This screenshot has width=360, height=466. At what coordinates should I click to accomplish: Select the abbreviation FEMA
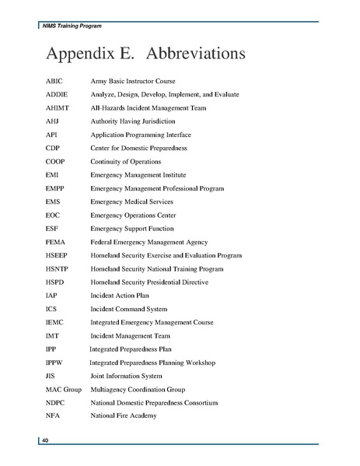click(56, 242)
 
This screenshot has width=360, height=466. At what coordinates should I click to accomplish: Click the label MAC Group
click(63, 389)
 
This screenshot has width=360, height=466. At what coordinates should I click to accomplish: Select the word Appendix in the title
click(79, 54)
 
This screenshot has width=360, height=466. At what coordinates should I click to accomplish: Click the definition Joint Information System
click(127, 376)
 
